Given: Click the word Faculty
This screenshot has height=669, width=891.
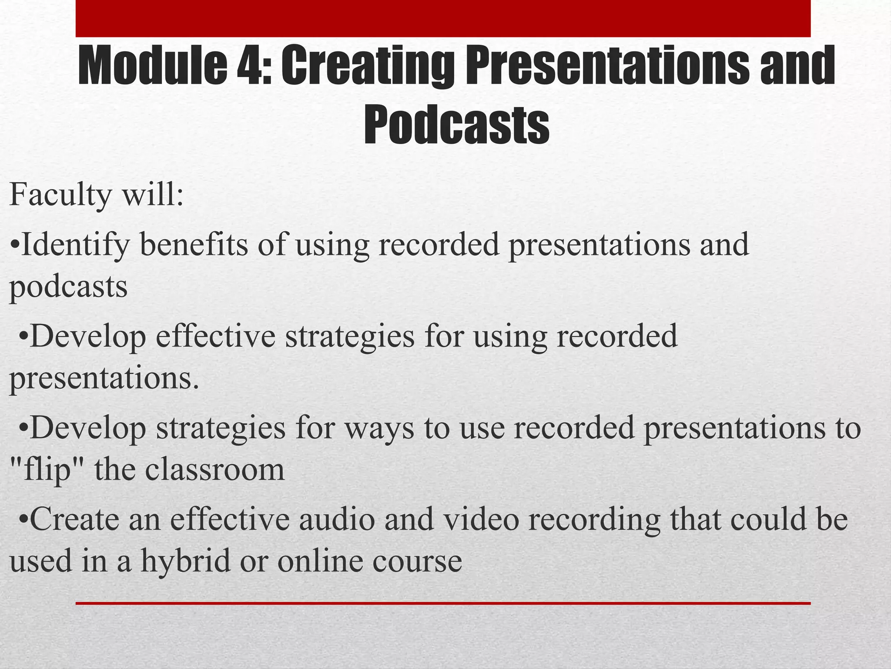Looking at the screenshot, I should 60,195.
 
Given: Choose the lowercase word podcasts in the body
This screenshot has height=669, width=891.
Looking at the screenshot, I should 68,288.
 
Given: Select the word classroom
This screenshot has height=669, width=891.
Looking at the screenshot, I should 215,470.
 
